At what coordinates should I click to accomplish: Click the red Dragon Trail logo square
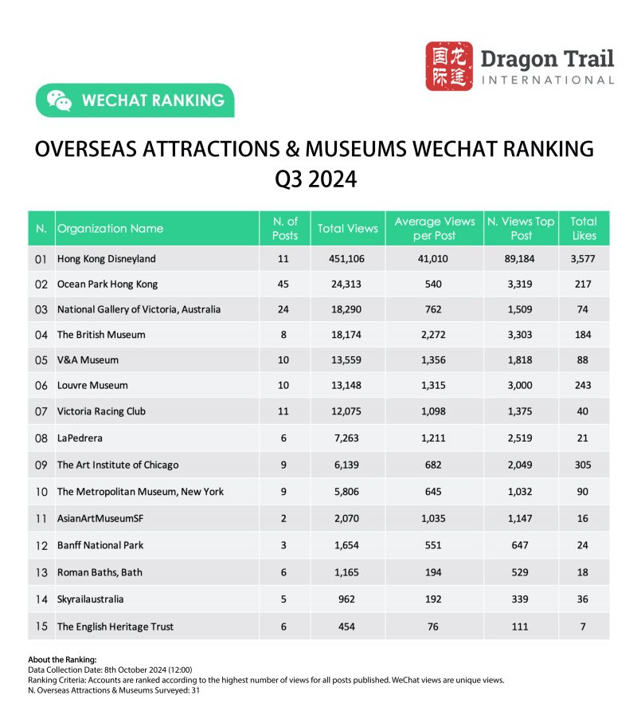449,66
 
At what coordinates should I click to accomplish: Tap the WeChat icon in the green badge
59,100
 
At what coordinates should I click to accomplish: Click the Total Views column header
347,229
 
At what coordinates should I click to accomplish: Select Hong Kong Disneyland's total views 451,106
347,258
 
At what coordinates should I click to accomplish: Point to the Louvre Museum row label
92,385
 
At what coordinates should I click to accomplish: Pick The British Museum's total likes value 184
583,335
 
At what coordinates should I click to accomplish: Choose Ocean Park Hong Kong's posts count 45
284,284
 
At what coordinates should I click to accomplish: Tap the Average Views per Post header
434,229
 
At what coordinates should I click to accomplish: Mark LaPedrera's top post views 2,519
521,437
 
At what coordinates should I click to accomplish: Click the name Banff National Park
100,545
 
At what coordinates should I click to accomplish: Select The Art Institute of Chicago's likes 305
583,465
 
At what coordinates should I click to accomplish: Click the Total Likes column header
583,229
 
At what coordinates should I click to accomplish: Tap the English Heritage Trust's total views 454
347,626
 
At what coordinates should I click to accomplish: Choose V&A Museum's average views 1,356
434,360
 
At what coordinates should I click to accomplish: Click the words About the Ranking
61,659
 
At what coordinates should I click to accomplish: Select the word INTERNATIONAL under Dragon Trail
548,80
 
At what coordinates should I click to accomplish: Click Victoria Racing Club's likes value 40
583,411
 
